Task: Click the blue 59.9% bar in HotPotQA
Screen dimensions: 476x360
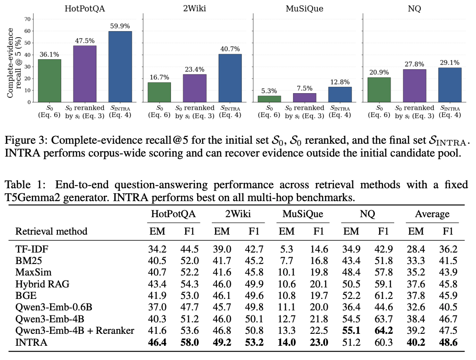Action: pos(120,67)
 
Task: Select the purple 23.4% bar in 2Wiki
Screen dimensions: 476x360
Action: pos(195,88)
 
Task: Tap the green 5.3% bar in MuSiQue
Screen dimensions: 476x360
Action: pos(269,99)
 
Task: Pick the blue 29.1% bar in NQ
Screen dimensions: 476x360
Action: pos(450,85)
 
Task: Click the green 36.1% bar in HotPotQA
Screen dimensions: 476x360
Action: pos(50,81)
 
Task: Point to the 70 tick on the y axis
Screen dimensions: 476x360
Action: pos(27,19)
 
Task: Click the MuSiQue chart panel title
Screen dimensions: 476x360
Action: pos(305,8)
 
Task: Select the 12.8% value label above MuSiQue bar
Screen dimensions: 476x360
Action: pos(340,82)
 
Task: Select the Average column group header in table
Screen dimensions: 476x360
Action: pos(432,214)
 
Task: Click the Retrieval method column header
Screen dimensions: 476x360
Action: pos(51,231)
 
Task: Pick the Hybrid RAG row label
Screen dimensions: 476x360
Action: pos(42,284)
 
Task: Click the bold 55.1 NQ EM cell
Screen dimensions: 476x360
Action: pos(351,331)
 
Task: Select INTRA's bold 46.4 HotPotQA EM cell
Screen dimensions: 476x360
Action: pos(157,343)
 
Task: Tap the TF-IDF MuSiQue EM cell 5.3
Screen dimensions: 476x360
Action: pos(287,249)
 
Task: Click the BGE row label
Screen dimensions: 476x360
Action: pos(26,296)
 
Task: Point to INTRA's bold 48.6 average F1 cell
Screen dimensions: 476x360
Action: pos(448,343)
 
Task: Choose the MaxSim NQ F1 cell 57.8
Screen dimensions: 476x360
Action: pos(384,272)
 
